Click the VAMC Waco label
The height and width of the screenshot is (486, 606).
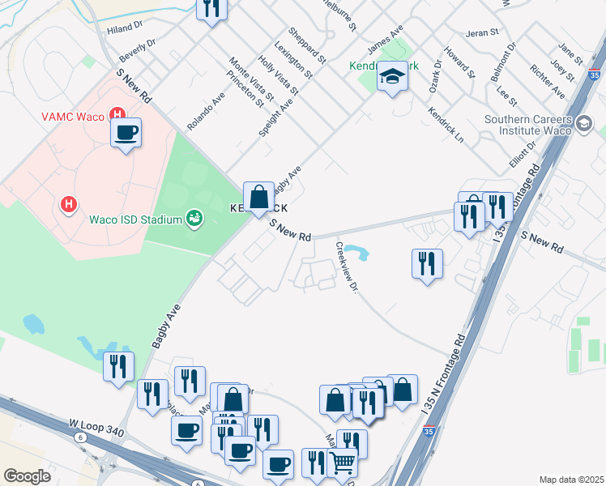point(72,117)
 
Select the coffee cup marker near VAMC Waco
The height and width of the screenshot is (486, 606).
point(126,133)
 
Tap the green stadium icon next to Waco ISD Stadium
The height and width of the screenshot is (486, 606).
point(194,218)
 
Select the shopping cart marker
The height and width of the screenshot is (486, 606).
point(343,464)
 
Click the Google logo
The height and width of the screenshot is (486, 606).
point(27,476)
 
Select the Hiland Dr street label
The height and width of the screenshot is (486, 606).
point(125,30)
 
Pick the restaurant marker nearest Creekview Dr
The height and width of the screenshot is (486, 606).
point(426,264)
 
